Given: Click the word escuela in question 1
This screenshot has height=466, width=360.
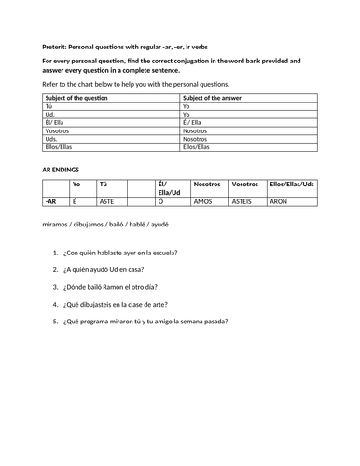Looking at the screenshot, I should tap(160, 253).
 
